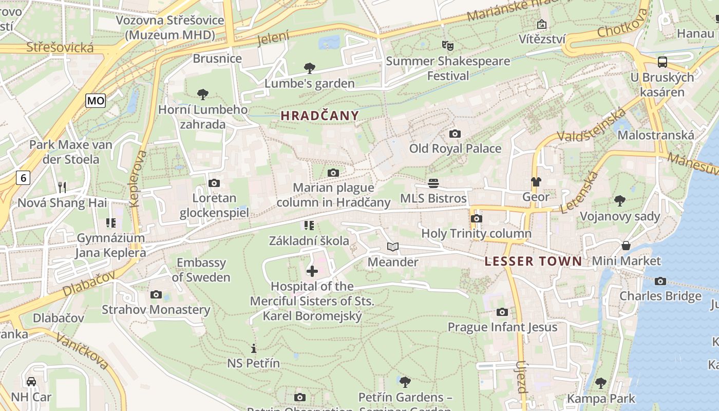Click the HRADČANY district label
[319, 116]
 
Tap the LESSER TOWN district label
[534, 261]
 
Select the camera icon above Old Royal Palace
[455, 134]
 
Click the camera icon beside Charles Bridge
[660, 281]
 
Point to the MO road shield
[96, 101]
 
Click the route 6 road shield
[23, 178]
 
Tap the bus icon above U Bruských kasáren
[663, 62]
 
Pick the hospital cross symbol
[312, 271]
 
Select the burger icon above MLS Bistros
[433, 183]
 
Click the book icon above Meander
[393, 247]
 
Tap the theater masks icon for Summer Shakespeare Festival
[448, 46]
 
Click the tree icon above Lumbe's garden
[309, 68]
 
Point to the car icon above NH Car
[31, 382]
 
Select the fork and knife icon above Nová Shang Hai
[62, 188]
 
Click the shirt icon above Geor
[536, 182]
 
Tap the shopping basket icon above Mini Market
[626, 246]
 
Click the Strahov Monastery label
[156, 310]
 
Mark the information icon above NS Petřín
[254, 348]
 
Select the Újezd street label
[521, 377]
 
